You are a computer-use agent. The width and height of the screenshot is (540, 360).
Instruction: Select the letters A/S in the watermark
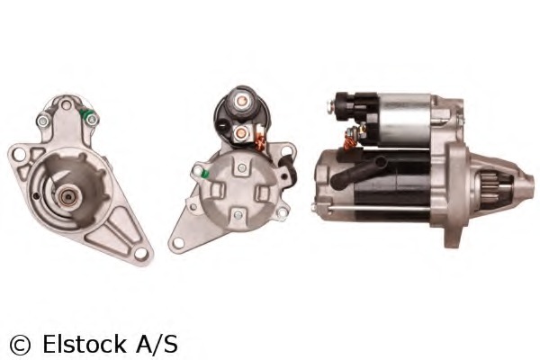pyautogui.click(x=158, y=343)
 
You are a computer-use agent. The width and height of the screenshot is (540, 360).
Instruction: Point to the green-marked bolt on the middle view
pyautogui.click(x=205, y=173)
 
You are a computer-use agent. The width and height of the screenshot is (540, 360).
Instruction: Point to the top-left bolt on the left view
pyautogui.click(x=41, y=121)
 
